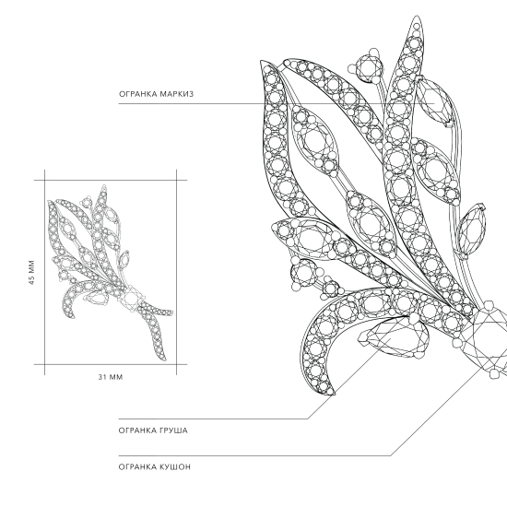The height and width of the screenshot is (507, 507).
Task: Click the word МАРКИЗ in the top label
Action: coord(176,94)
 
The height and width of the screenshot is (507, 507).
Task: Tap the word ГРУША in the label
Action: coord(173,430)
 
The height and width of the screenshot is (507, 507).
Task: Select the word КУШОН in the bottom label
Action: coord(175,467)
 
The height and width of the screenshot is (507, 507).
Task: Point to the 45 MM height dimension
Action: coord(31,272)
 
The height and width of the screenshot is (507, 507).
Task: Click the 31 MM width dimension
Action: coord(111,377)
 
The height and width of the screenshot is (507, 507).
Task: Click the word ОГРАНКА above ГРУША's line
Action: coord(137,430)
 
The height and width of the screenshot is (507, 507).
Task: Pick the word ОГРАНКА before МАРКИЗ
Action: coord(137,94)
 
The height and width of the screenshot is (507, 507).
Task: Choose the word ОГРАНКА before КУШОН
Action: coord(137,467)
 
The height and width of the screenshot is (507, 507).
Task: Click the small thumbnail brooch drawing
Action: coord(110,273)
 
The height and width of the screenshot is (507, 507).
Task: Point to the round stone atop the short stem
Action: coord(368,69)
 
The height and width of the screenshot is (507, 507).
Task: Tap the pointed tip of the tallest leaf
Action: coord(417,16)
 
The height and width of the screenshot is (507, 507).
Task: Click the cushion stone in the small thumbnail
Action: coord(131,298)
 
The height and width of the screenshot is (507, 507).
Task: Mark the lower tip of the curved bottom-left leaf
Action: coord(333,394)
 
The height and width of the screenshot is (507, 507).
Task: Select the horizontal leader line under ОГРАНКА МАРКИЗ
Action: coord(277,104)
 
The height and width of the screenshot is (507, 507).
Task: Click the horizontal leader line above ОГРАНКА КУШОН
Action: coord(254,456)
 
